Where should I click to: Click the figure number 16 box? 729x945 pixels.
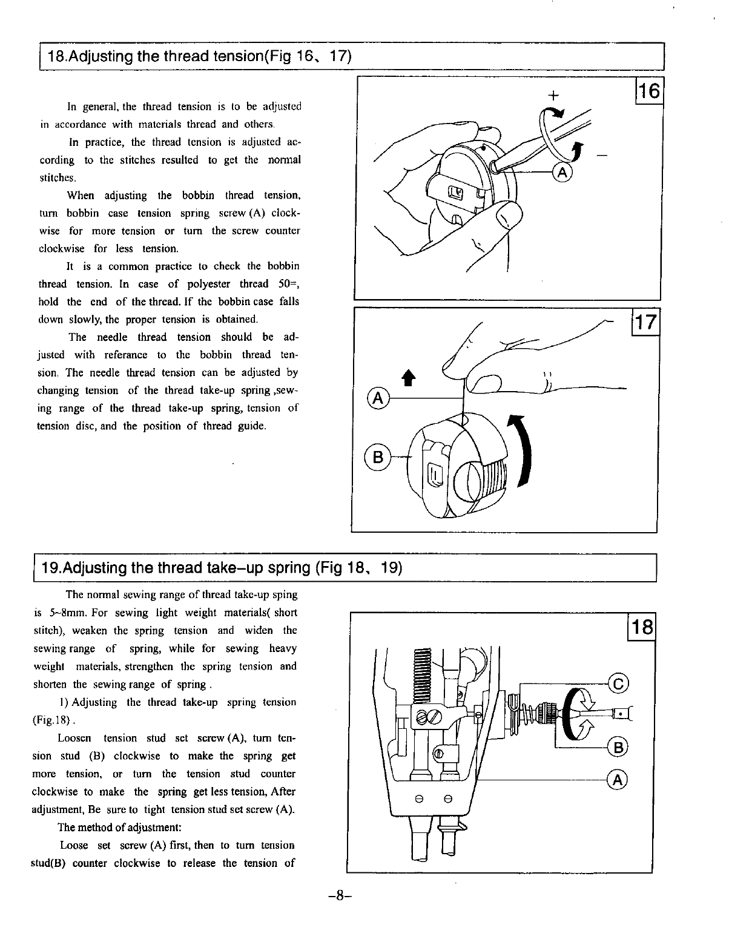[648, 91]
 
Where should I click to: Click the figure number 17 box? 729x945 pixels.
[644, 322]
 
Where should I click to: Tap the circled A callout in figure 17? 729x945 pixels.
[378, 398]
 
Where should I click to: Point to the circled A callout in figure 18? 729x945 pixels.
[618, 780]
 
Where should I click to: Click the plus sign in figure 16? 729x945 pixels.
[552, 96]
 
